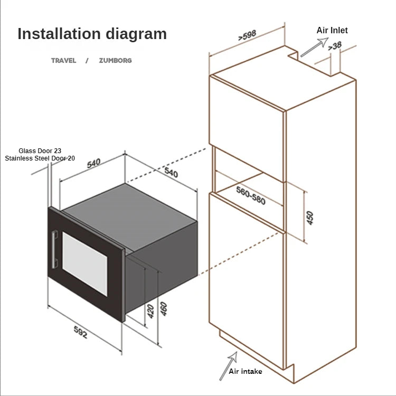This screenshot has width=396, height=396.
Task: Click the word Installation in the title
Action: click(59, 34)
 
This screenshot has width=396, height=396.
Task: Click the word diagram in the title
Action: click(136, 34)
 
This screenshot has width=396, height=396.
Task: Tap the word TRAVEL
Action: click(63, 60)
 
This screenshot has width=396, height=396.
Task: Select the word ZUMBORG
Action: click(115, 60)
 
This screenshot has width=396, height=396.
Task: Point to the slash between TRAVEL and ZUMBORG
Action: click(87, 60)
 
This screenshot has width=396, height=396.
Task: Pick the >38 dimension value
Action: click(334, 46)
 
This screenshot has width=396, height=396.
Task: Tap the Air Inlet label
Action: click(332, 30)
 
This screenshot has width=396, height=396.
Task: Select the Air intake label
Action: click(246, 371)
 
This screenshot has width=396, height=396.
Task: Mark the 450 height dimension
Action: click(310, 218)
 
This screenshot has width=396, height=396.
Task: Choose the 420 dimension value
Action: click(150, 311)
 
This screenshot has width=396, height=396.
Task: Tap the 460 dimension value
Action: click(164, 308)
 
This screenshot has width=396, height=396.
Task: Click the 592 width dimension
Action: click(80, 332)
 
